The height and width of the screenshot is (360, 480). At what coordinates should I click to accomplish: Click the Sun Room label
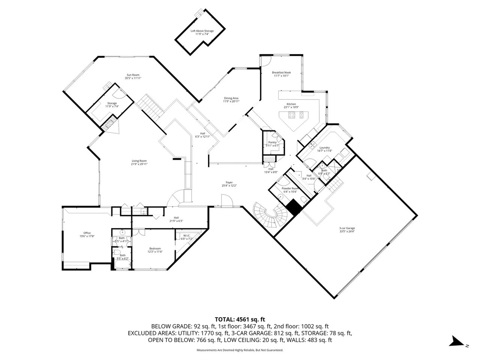click(133, 75)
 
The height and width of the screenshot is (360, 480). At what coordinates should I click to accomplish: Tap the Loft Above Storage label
click(202, 31)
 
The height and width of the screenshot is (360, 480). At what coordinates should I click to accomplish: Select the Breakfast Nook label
click(281, 72)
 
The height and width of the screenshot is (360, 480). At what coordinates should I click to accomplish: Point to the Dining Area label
click(231, 98)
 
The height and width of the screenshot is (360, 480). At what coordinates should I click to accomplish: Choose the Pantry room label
click(272, 142)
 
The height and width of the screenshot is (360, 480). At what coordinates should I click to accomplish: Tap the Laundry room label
click(324, 148)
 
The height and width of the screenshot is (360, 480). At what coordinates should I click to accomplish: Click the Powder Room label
click(290, 188)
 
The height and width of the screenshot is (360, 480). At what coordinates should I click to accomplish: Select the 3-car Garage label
click(346, 228)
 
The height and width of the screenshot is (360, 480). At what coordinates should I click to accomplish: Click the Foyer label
click(229, 182)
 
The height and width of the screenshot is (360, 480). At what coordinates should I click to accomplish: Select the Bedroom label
click(155, 248)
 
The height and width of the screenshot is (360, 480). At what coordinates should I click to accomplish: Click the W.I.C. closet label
click(186, 235)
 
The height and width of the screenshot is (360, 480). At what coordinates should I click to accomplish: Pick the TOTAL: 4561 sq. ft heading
click(240, 319)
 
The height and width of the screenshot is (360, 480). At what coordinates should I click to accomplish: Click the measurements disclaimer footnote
click(240, 350)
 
